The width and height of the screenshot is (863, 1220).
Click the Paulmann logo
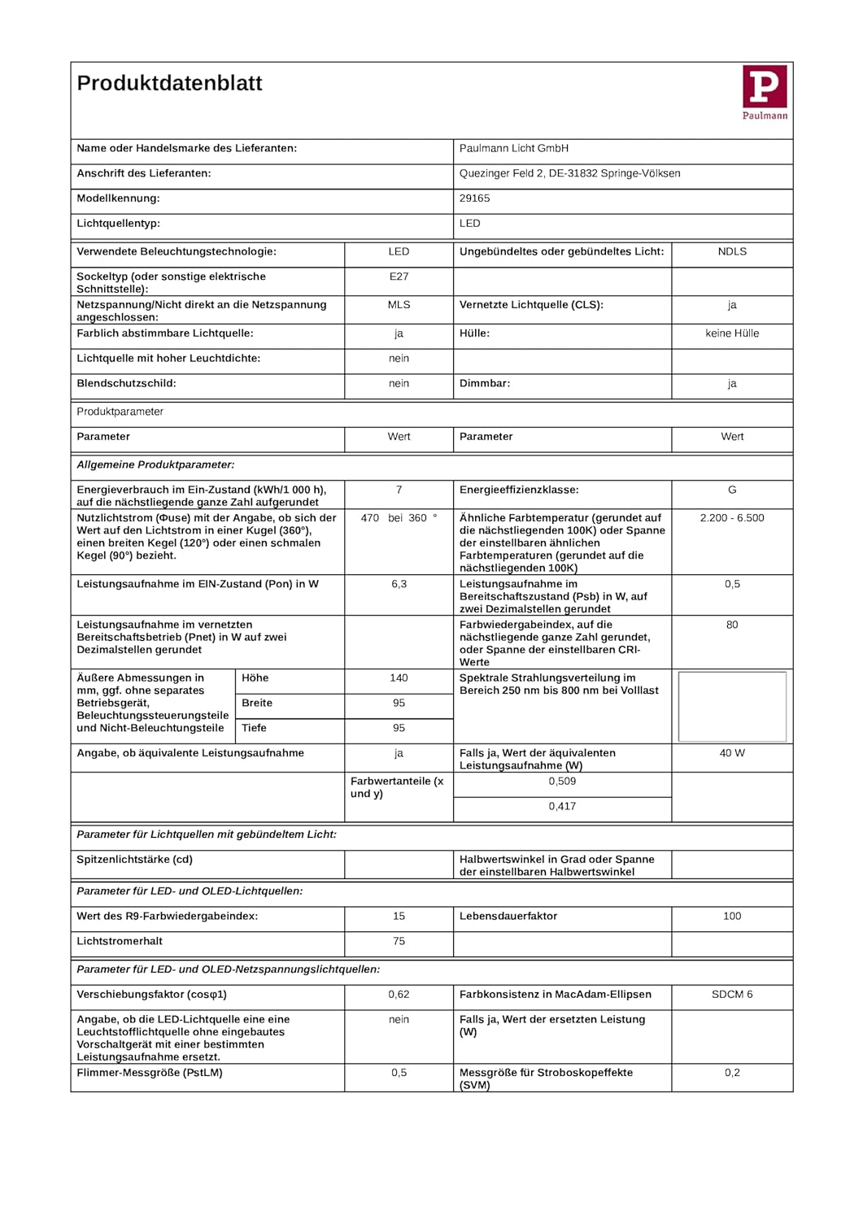(765, 92)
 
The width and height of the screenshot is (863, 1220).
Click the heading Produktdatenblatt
(169, 83)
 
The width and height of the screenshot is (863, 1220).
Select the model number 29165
(474, 198)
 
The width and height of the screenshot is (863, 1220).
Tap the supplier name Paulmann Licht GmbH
(513, 149)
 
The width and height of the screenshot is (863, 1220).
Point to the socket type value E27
(399, 277)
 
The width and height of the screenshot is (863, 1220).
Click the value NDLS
(732, 252)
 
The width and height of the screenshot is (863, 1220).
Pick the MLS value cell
(399, 305)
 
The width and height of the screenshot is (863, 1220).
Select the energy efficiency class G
(732, 490)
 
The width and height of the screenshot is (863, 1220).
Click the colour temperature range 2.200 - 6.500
(732, 518)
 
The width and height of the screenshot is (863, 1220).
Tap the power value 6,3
(399, 584)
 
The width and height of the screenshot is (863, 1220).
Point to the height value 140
(399, 678)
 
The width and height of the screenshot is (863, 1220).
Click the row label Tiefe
(254, 728)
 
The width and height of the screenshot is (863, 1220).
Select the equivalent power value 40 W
(732, 753)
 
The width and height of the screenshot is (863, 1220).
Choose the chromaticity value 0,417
(562, 807)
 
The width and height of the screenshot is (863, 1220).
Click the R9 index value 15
(399, 917)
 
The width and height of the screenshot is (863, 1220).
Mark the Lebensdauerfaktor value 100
(732, 917)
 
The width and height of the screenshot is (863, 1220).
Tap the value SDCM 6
(732, 995)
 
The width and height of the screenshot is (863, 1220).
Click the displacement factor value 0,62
(399, 995)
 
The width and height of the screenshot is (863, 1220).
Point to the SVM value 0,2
(732, 1073)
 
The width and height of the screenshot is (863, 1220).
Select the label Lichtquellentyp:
(118, 224)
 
